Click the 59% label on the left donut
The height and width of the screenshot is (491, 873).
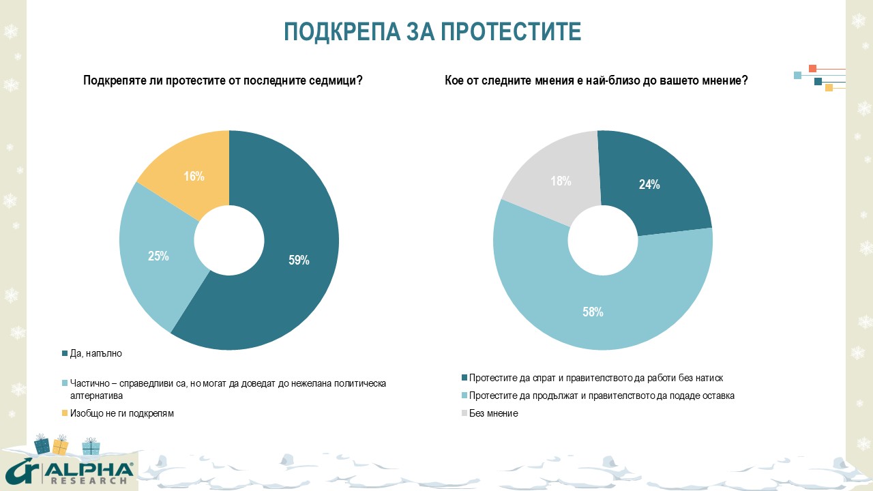click(x=299, y=260)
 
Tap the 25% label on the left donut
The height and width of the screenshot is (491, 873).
click(x=158, y=256)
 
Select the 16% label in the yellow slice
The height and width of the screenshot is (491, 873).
click(x=194, y=177)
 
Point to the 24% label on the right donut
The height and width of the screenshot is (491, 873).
click(x=649, y=184)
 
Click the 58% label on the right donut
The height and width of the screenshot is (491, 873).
click(x=593, y=312)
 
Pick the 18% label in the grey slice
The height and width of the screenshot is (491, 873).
click(x=561, y=181)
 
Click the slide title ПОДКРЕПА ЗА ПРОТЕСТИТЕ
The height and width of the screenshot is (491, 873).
click(x=432, y=32)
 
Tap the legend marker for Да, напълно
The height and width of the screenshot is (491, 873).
click(x=65, y=353)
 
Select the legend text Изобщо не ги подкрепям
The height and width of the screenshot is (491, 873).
click(x=117, y=413)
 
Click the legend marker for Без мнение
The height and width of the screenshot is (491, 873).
click(x=465, y=413)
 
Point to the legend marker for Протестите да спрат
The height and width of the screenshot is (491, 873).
click(x=465, y=378)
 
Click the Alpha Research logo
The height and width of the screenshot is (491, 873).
click(x=68, y=472)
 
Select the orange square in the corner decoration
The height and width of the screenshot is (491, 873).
click(x=812, y=68)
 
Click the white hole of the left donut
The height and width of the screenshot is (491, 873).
click(x=229, y=240)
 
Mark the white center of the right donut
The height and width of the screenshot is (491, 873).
click(x=603, y=240)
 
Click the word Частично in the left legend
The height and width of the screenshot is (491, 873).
click(x=88, y=383)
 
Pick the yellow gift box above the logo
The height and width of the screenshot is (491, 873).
click(x=61, y=446)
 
